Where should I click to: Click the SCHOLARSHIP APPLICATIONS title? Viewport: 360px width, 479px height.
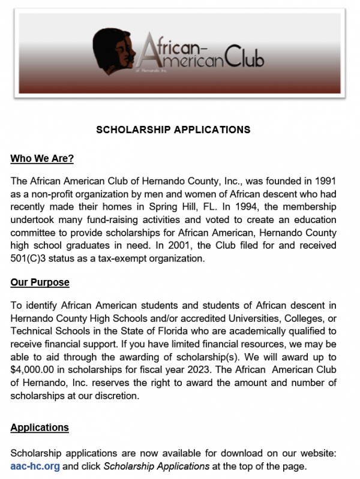click(173, 129)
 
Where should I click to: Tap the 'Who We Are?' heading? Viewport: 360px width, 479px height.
click(42, 159)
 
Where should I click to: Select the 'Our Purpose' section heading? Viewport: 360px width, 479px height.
click(40, 282)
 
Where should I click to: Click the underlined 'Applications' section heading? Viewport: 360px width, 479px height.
click(40, 428)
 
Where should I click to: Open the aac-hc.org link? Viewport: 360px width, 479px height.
click(35, 466)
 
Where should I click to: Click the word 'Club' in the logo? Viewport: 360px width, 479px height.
click(244, 57)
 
